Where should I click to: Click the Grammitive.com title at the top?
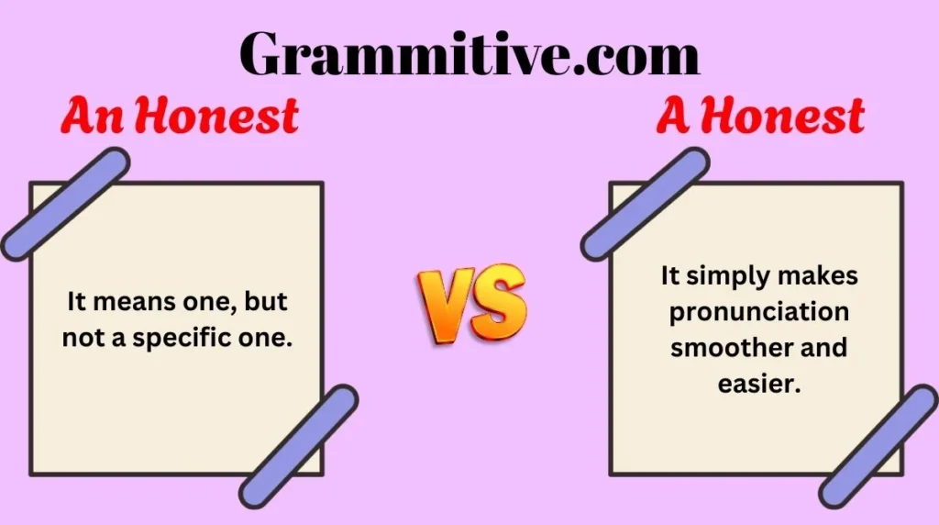[x=469, y=54]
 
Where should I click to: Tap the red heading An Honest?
[x=180, y=117]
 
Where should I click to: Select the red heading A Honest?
[x=760, y=117]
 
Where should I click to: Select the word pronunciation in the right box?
[x=758, y=311]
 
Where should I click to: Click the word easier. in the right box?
[x=759, y=385]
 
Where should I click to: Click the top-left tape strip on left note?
[x=65, y=204]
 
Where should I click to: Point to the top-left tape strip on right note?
[x=645, y=204]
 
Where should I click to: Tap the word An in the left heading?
[x=89, y=117]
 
